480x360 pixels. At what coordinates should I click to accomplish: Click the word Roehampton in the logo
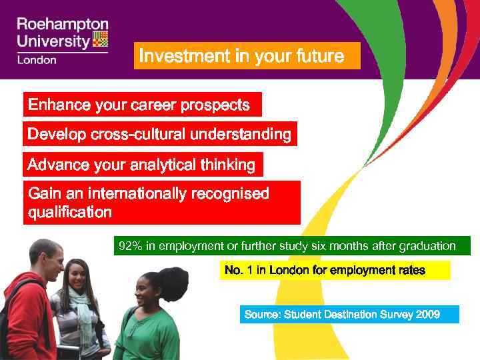[x=62, y=25]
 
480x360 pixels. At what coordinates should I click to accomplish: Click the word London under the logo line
[x=37, y=59]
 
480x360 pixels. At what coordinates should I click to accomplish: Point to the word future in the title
[x=319, y=57]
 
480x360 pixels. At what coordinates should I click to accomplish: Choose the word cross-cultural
[x=137, y=135]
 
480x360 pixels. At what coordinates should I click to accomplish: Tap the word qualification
[x=70, y=213]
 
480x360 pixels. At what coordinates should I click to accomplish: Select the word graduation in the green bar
[x=427, y=247]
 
